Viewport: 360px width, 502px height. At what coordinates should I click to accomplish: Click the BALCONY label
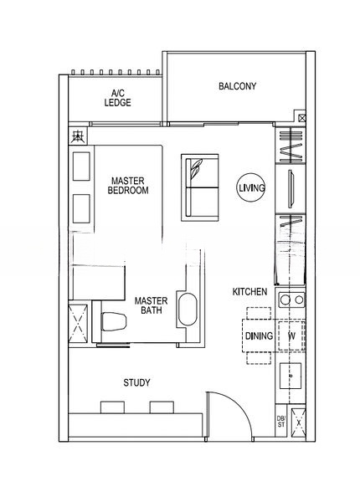tap(237, 86)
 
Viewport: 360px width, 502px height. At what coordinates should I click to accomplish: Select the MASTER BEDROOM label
tap(128, 185)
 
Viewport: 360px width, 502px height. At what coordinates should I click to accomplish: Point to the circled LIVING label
tap(251, 189)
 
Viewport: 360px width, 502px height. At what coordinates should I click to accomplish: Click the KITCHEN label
tap(249, 292)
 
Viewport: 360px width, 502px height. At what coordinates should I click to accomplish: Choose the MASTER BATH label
tap(151, 305)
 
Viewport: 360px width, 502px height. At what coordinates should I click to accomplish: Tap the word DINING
tap(257, 336)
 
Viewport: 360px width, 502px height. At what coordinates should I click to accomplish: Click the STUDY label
tap(136, 383)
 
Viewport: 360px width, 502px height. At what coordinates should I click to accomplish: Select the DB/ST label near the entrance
tap(280, 423)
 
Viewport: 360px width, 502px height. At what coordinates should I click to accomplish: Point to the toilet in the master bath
tap(113, 320)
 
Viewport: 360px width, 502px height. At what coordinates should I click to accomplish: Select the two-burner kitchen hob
tap(291, 299)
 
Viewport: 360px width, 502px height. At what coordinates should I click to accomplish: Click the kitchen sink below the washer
tap(291, 376)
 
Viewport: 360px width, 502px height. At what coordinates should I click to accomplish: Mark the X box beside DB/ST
tap(298, 423)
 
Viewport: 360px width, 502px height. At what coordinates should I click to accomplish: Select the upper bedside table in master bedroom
tap(81, 167)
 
